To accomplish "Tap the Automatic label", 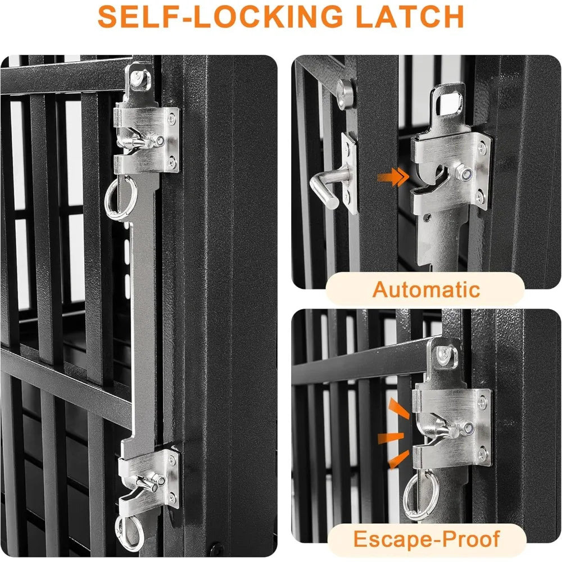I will coord(426,290).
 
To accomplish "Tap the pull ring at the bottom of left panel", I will coord(128,531).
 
